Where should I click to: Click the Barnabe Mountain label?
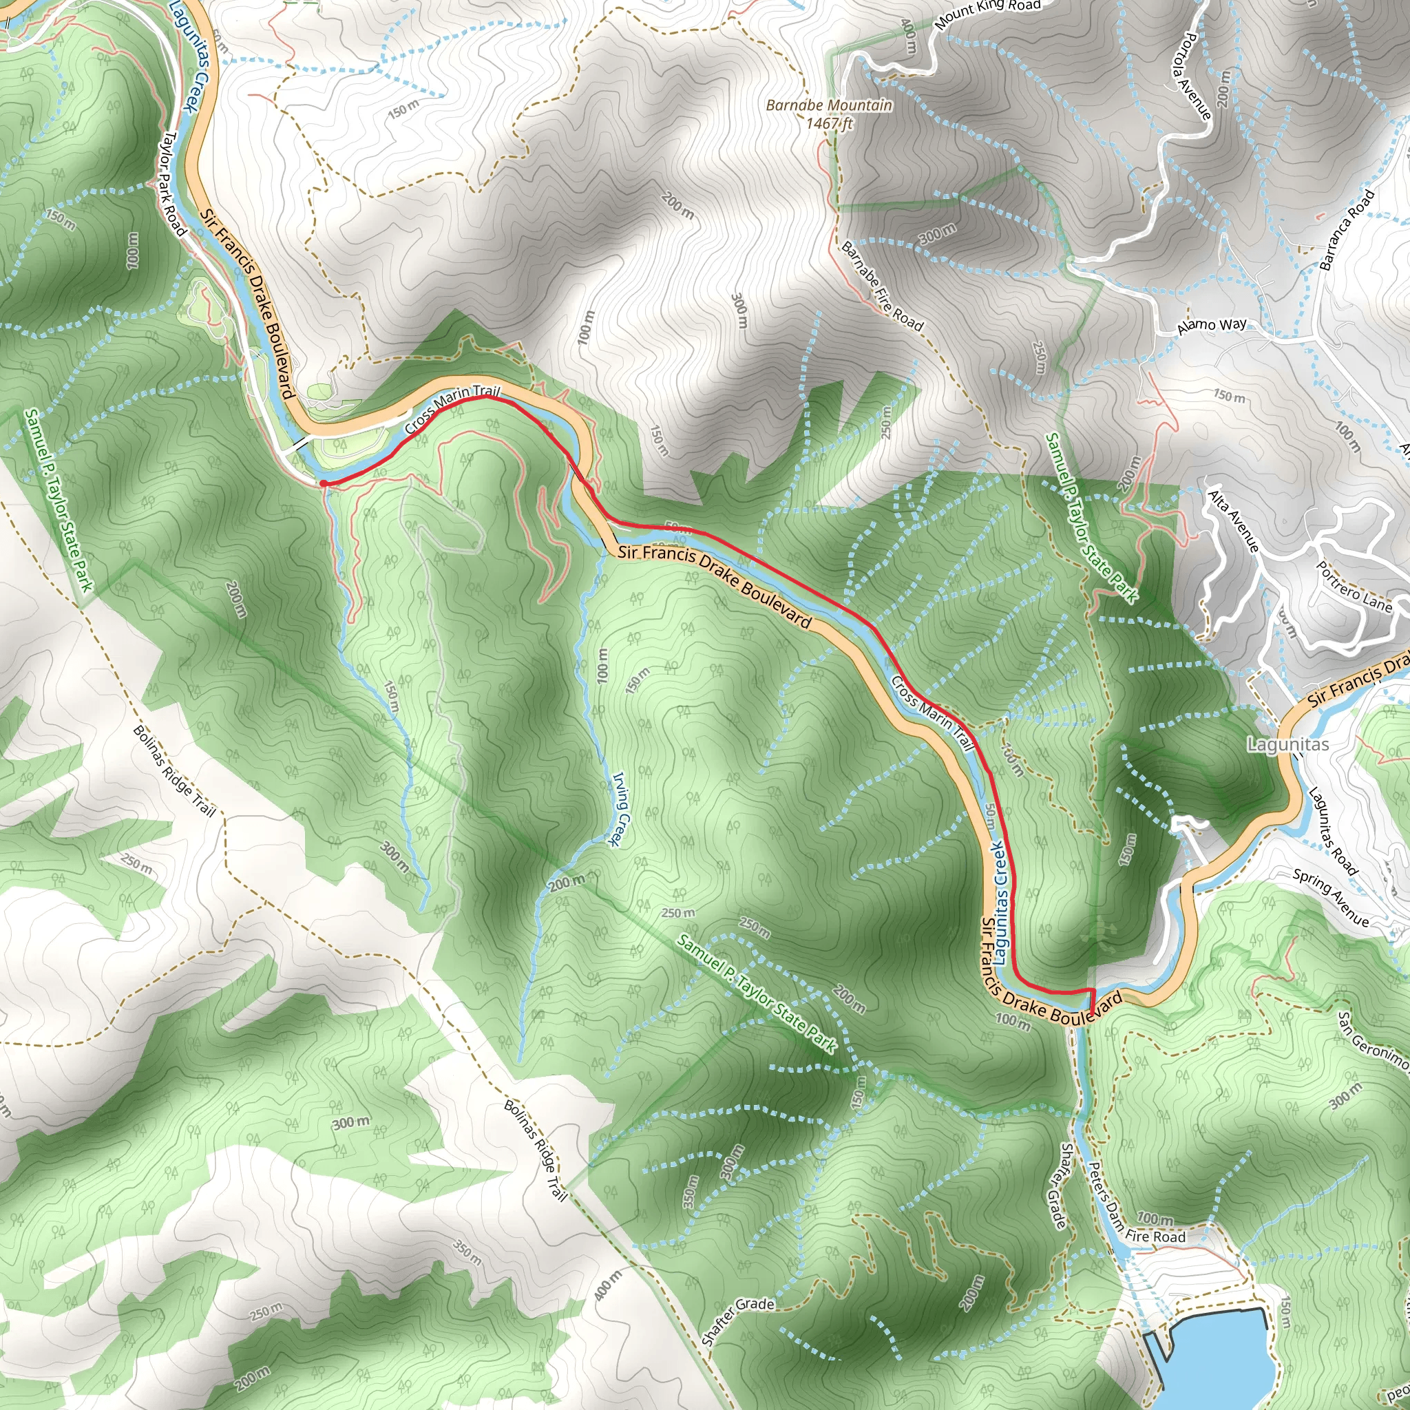828,106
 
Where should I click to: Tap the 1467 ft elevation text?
828,123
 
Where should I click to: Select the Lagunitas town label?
1287,744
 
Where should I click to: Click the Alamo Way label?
1212,326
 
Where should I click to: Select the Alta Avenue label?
1232,520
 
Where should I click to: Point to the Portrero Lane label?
1354,586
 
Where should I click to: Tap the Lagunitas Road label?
1333,830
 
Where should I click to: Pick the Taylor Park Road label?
173,183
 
